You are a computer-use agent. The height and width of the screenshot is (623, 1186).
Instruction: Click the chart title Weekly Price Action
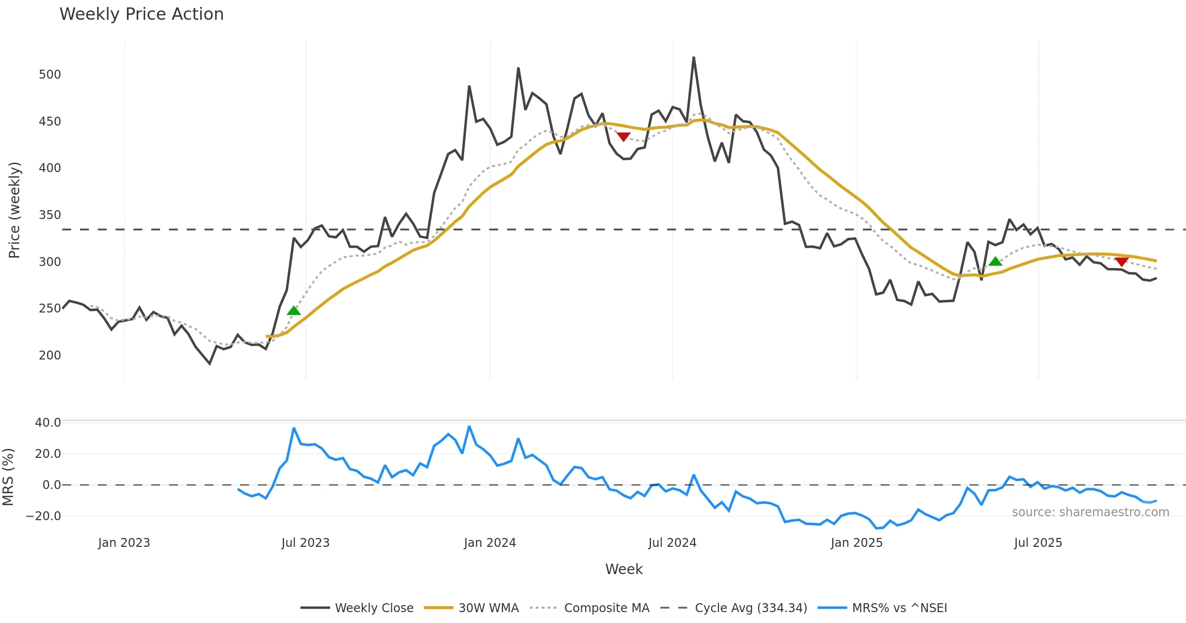[x=141, y=14]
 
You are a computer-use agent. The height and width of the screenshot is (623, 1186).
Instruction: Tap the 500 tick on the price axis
[x=50, y=75]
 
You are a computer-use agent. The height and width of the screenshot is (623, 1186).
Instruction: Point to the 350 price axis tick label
[x=50, y=215]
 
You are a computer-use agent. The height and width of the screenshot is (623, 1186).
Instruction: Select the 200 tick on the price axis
[x=50, y=356]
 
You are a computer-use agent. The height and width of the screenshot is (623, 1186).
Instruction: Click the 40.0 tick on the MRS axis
[x=48, y=423]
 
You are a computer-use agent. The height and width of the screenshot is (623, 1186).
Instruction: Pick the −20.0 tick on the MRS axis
[x=43, y=516]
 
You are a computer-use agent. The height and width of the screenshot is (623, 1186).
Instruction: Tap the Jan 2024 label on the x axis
[x=490, y=543]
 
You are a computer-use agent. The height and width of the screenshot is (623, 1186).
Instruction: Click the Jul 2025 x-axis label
[x=1038, y=543]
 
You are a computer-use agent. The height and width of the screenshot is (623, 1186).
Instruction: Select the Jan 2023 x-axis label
[x=124, y=543]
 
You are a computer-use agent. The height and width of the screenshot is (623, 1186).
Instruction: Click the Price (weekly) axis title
[x=14, y=210]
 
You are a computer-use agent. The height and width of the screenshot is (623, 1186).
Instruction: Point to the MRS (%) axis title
[x=8, y=477]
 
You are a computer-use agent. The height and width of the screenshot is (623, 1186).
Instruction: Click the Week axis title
[x=624, y=570]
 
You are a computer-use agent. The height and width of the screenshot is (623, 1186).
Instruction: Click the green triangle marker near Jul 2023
[x=294, y=311]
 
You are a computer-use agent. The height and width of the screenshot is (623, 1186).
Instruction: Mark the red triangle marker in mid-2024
[x=624, y=136]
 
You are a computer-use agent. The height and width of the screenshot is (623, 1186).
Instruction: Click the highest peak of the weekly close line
[x=693, y=57]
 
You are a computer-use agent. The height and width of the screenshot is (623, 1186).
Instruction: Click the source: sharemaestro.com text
[x=1090, y=512]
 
